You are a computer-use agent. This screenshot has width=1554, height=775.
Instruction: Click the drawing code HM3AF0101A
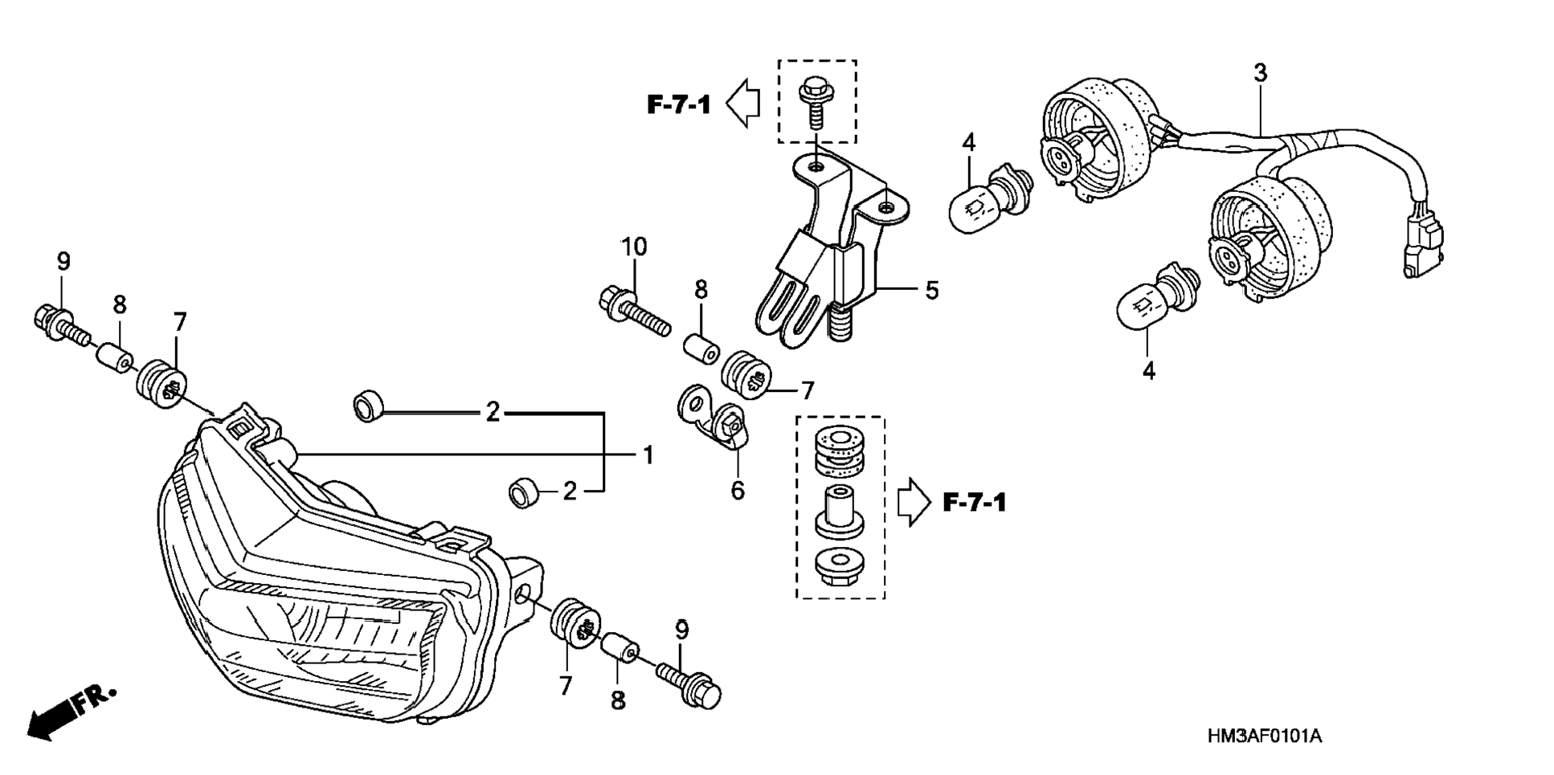pos(1264,736)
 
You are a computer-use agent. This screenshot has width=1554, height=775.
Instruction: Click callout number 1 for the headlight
pos(648,456)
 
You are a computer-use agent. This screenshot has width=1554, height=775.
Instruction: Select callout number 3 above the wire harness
pos(1260,73)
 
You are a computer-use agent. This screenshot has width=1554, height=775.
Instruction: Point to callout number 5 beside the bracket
pos(931,290)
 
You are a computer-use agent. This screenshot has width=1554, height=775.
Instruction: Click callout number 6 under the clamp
pos(738,490)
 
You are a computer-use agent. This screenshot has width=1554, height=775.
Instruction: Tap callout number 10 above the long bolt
pos(634,247)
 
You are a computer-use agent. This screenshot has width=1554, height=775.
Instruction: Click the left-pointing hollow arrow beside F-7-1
pos(743,104)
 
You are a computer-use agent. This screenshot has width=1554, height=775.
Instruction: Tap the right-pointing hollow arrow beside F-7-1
pos(914,503)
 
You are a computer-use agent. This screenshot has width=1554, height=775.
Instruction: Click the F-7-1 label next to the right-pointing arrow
pos(974,504)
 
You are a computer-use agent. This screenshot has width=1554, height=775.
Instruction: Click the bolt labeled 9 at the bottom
pos(689,685)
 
